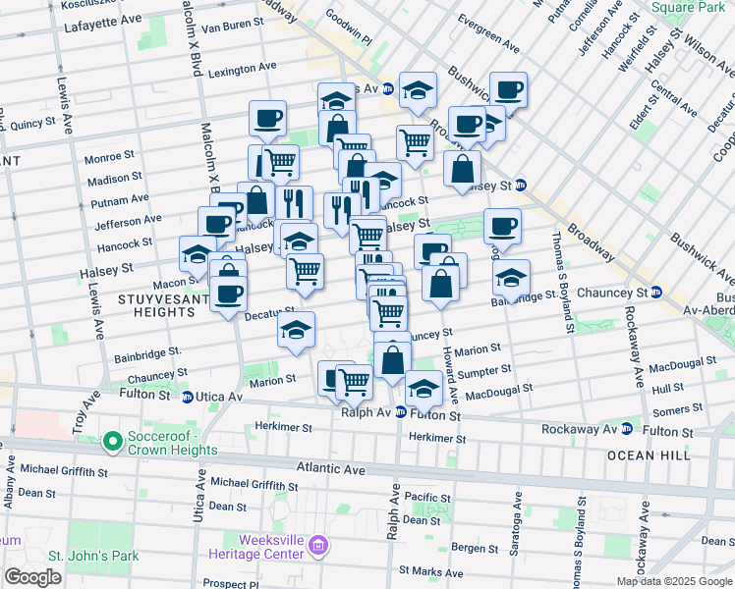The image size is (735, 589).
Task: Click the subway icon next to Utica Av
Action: [187, 396]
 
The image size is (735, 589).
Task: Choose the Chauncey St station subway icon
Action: [656, 293]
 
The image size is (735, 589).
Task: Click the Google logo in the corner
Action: [33, 577]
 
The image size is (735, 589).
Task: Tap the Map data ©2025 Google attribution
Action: [674, 581]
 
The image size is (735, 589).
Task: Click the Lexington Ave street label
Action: [242, 69]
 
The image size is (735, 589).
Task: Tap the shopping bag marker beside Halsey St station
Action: [462, 169]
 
